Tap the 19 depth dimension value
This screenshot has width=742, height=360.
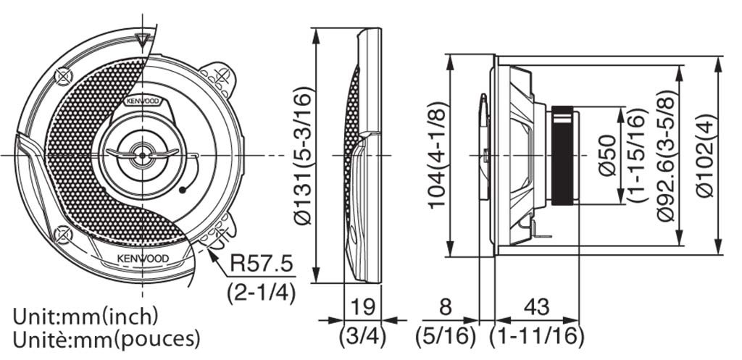362,307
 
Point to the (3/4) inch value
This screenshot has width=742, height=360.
362,336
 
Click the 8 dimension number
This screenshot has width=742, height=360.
446,307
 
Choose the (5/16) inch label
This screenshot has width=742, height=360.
446,336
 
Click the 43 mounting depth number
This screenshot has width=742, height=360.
537,307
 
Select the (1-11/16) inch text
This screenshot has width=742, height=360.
537,336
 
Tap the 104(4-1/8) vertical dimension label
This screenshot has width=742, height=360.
437,155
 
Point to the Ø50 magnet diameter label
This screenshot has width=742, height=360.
608,155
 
